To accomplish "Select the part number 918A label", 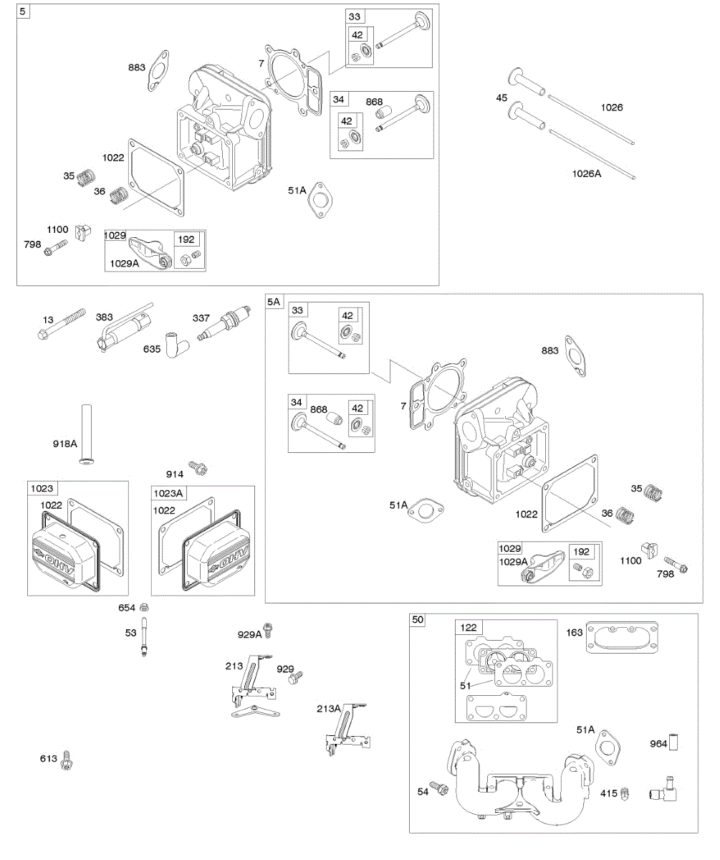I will click(x=64, y=444).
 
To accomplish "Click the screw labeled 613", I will click(x=68, y=759).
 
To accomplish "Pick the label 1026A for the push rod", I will click(x=586, y=173).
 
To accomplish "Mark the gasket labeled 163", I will click(x=620, y=638).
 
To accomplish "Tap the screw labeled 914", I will click(x=197, y=469).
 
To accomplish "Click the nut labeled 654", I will click(x=145, y=607).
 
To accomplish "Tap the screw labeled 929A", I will click(x=269, y=631).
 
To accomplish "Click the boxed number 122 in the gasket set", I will click(x=468, y=628).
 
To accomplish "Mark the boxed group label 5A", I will click(x=274, y=302).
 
